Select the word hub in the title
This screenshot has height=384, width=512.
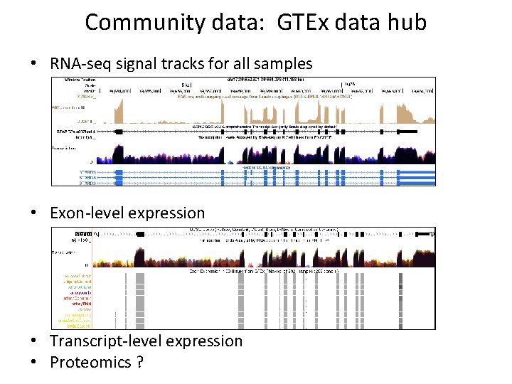(407, 22)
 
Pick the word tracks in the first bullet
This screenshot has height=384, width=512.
(187, 64)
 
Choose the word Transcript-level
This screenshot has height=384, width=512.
(103, 341)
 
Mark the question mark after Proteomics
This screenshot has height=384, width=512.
(139, 363)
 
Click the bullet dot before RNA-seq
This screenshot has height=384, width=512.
(34, 64)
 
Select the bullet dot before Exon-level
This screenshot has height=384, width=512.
(34, 213)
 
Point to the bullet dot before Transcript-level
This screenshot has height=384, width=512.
(34, 342)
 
